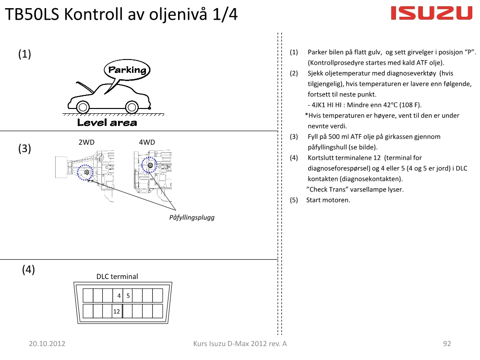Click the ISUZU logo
click(x=432, y=13)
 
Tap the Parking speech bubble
click(x=127, y=70)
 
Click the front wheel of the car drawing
click(x=83, y=107)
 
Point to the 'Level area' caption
click(x=107, y=122)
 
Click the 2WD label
click(x=86, y=142)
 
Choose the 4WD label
click(x=147, y=142)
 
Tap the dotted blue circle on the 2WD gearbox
click(x=85, y=172)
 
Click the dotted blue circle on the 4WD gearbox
click(x=150, y=165)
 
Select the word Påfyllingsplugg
click(x=192, y=217)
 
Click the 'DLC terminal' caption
click(x=117, y=276)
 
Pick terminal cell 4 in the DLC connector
click(x=118, y=296)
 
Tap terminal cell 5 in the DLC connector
click(x=128, y=296)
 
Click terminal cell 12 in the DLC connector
click(x=117, y=312)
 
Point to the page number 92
click(x=447, y=343)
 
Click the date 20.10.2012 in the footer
click(x=47, y=343)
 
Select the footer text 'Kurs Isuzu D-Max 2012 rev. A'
click(x=240, y=343)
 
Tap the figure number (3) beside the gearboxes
click(x=25, y=149)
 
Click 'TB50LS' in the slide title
click(x=32, y=15)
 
